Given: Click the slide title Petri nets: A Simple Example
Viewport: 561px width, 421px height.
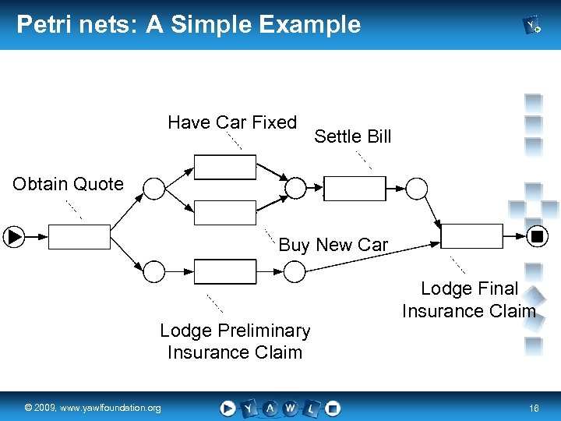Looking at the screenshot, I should coord(189,24).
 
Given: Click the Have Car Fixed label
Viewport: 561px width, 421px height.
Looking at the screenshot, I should coord(232,122).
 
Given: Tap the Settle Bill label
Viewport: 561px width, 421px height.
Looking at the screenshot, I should coord(352,136).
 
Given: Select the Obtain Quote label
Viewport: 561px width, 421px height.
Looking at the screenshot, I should coord(68,184).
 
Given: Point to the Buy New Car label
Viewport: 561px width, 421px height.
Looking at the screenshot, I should coord(333,245).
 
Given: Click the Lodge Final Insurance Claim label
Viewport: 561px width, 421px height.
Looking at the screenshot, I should coord(469,300).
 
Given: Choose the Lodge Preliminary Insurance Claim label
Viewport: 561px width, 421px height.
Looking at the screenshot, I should coord(235,341).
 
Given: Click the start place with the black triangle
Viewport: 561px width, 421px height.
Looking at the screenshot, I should coord(15,235).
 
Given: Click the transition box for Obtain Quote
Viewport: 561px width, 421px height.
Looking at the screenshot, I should coord(80,235).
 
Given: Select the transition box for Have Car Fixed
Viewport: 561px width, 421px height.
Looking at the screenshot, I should coord(224,168).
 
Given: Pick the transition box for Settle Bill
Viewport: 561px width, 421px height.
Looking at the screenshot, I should coord(355,189).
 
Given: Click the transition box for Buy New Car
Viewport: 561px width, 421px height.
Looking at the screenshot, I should coord(224,212).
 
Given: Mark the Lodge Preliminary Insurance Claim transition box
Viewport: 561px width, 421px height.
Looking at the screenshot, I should coord(224,271).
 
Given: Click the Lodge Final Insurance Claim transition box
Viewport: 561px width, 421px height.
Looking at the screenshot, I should coord(472,235).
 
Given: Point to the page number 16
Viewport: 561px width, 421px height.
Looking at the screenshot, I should coord(534,408).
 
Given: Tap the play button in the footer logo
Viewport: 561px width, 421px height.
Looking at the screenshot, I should coord(228,407).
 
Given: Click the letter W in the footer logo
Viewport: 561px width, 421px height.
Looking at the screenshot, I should coord(291,407).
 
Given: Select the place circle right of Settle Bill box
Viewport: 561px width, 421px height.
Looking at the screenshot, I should coord(418,189).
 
